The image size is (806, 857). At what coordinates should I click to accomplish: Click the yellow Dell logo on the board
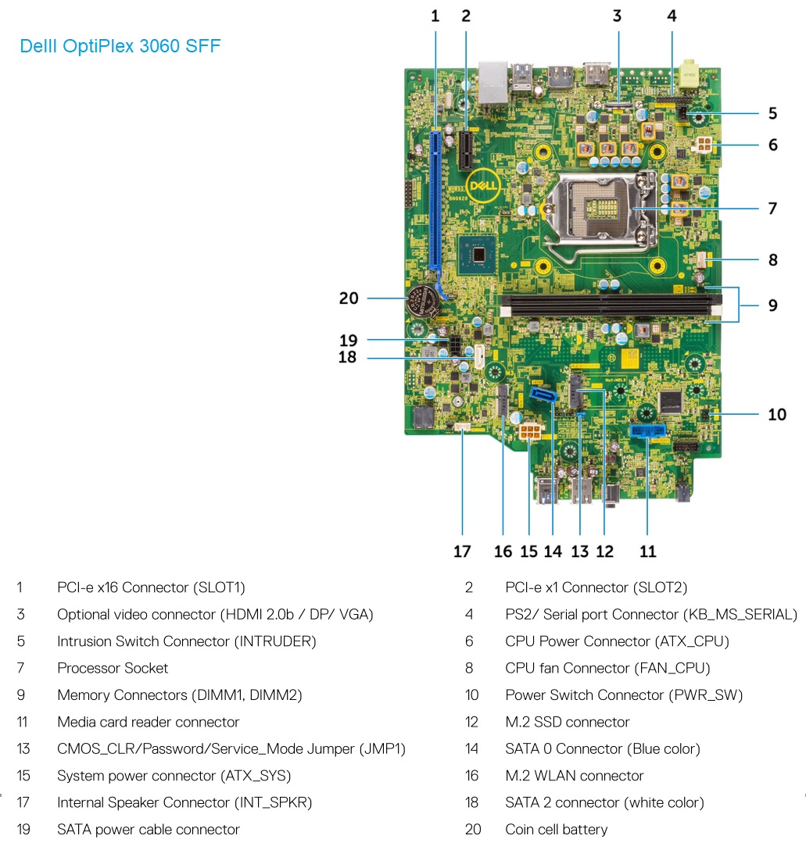point(484,186)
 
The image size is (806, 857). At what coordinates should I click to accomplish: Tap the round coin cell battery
point(422,301)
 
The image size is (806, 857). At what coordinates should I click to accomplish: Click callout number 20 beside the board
point(349,298)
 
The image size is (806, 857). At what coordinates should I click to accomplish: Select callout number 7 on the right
point(772,209)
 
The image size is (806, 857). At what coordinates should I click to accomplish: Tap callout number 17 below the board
point(462,552)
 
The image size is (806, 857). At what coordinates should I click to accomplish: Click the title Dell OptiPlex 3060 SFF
point(120,46)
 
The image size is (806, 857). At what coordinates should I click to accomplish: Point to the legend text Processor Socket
point(113,668)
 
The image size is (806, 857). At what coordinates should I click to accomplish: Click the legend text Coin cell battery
point(556,829)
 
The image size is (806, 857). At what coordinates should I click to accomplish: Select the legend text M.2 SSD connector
point(568,722)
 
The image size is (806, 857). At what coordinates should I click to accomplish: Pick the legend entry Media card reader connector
point(149,722)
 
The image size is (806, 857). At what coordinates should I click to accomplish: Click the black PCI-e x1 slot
point(466,150)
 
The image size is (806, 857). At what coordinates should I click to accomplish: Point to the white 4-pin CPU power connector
point(704,145)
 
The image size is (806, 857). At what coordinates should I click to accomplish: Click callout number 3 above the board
point(617,16)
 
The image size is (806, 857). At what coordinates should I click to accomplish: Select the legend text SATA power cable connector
point(149,829)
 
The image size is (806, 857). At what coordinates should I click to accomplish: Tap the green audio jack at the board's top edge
point(689,74)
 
